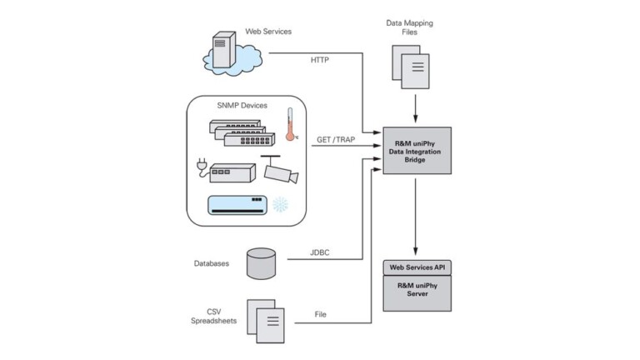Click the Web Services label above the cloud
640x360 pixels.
(268, 32)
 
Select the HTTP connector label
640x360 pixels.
(320, 60)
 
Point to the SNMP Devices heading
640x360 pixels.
(242, 107)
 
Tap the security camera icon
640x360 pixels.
(279, 170)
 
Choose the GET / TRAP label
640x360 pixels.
(335, 140)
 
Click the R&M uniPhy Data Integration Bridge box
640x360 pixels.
(416, 150)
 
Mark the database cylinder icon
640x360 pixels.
(261, 263)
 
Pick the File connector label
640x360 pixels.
(320, 315)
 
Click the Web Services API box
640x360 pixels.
(416, 267)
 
